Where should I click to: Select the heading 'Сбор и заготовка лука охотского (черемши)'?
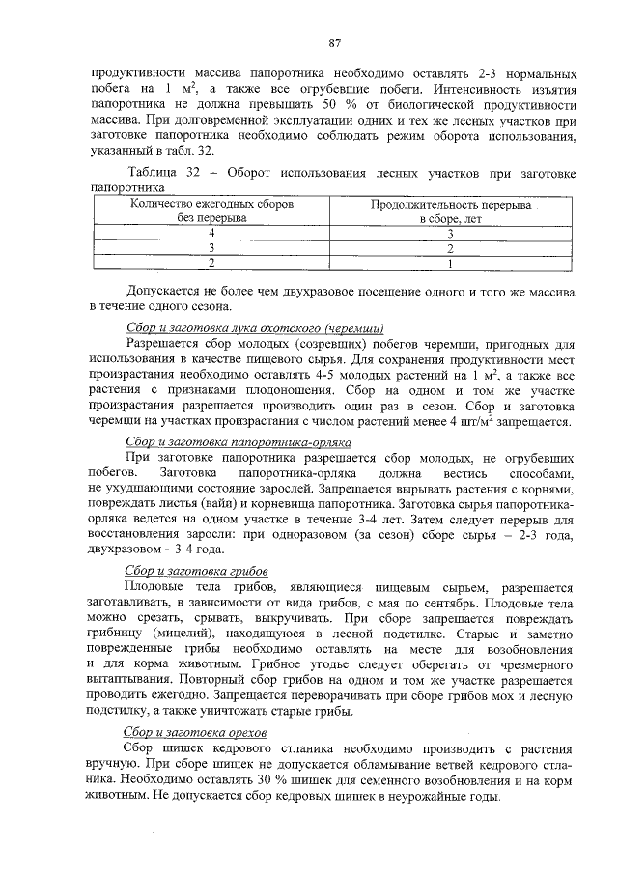256,328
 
